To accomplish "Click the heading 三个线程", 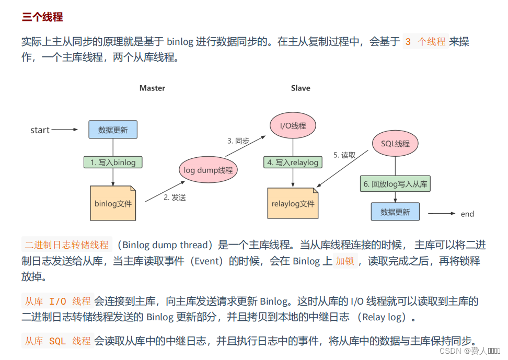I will pyautogui.click(x=42, y=17).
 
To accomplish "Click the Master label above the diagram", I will pyautogui.click(x=152, y=88).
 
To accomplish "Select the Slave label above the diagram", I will pyautogui.click(x=301, y=88).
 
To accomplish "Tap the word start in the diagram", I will pyautogui.click(x=40, y=130).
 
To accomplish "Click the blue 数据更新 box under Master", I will pyautogui.click(x=113, y=130).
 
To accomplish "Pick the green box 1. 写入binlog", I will pyautogui.click(x=113, y=162).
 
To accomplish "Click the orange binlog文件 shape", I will pyautogui.click(x=113, y=203).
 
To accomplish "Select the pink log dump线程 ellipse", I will pyautogui.click(x=208, y=170).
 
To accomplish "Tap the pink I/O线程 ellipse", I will pyautogui.click(x=293, y=126).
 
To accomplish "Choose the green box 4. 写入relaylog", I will pyautogui.click(x=293, y=162).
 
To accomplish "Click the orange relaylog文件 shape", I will pyautogui.click(x=293, y=203).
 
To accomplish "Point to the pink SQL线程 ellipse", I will pyautogui.click(x=395, y=144).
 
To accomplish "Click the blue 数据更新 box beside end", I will pyautogui.click(x=395, y=212).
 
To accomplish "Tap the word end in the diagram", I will pyautogui.click(x=467, y=214).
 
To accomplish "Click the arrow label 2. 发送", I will pyautogui.click(x=175, y=198).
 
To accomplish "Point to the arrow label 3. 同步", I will pyautogui.click(x=238, y=141).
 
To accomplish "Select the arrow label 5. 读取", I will pyautogui.click(x=344, y=155).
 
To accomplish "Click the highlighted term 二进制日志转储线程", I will pyautogui.click(x=67, y=245).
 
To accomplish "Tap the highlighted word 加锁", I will pyautogui.click(x=346, y=261).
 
